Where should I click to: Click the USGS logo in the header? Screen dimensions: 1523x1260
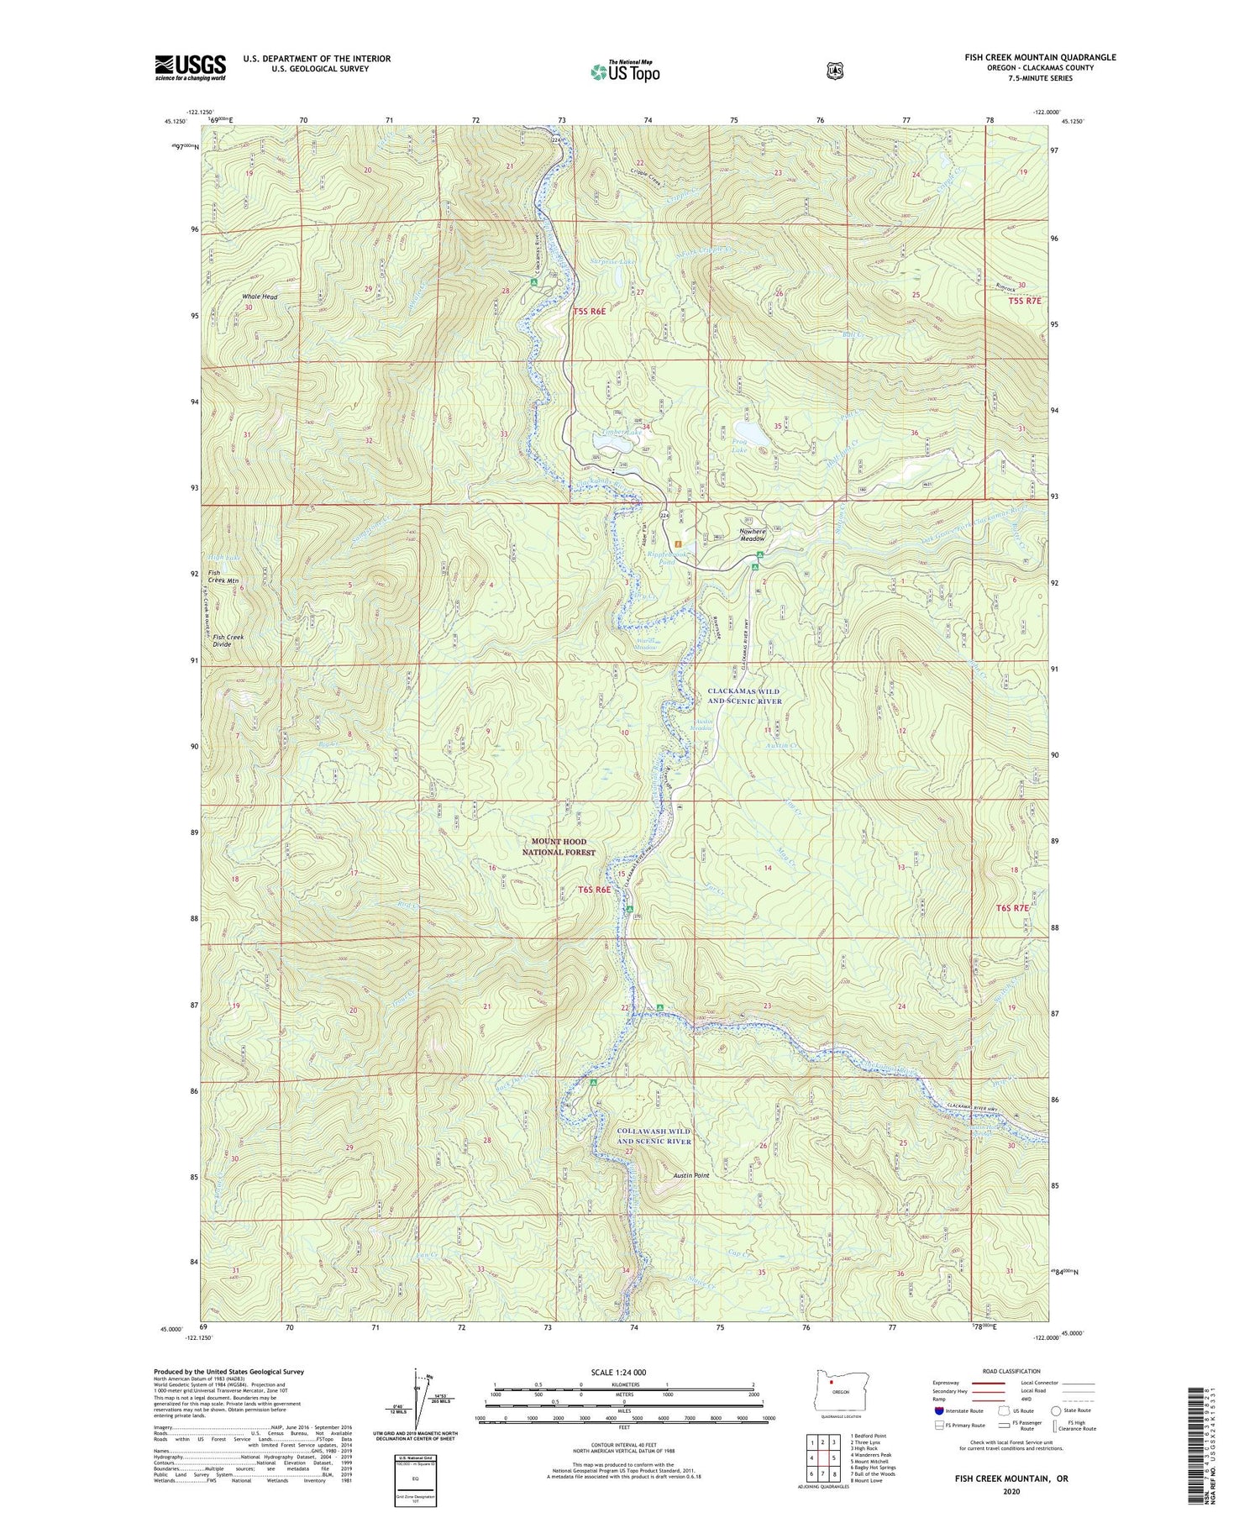tap(190, 67)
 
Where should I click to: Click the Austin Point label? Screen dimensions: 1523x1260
tap(691, 1175)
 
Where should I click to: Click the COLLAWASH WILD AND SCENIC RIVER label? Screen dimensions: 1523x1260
tap(654, 1136)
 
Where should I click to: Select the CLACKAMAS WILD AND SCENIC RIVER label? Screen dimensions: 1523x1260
tap(744, 696)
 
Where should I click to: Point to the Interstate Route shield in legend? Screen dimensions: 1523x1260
tap(939, 1410)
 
